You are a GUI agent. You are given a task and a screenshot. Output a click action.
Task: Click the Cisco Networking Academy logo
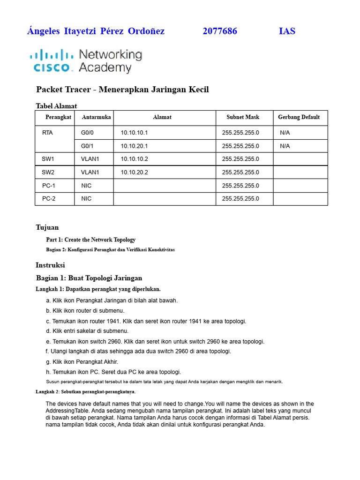(x=86, y=61)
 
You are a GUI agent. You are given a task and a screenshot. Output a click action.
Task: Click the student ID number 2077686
(x=220, y=31)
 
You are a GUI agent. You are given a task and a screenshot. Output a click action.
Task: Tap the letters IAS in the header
(x=287, y=31)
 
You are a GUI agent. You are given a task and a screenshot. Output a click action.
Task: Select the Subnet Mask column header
(x=243, y=117)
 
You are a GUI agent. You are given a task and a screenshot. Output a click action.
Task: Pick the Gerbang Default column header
(x=299, y=117)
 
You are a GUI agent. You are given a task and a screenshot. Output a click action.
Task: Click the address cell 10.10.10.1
(x=134, y=133)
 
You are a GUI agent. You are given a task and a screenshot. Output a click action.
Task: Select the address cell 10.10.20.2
(x=134, y=172)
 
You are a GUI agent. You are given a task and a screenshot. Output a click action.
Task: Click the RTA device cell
(x=47, y=133)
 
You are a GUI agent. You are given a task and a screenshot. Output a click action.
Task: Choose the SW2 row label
(x=48, y=172)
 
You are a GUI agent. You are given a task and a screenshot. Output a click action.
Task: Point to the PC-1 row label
(x=49, y=186)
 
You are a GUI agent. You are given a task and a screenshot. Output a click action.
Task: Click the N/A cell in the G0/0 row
(x=285, y=133)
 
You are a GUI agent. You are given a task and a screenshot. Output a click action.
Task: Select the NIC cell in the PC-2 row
(x=86, y=199)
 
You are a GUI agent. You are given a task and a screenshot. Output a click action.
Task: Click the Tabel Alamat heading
(x=56, y=106)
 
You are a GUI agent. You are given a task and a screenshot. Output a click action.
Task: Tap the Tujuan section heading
(x=47, y=228)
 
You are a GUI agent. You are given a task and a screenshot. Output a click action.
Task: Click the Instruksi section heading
(x=50, y=265)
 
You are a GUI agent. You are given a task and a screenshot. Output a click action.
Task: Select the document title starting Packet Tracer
(x=122, y=90)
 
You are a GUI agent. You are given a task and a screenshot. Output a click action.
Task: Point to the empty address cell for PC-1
(x=164, y=186)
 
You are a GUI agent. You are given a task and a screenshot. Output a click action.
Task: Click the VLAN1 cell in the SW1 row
(x=90, y=159)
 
